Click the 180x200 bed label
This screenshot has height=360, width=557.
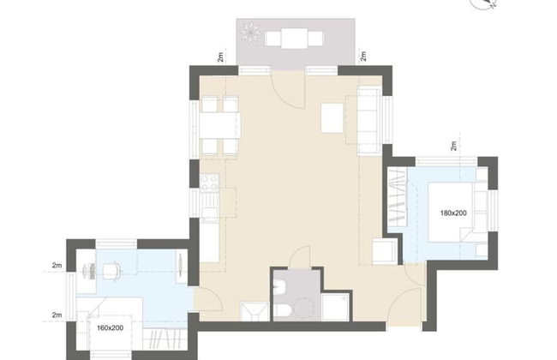coord(453,213)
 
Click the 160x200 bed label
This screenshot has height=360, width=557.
coord(111,327)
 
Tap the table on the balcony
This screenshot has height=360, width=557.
coord(294,39)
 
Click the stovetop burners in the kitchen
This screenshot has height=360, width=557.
coord(210,183)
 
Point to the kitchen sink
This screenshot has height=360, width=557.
coord(210,205)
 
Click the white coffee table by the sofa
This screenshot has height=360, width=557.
coord(332,117)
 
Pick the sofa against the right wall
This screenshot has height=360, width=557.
coord(368,120)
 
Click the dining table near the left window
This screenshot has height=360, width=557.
coord(219,125)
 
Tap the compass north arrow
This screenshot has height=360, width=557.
coord(492,4)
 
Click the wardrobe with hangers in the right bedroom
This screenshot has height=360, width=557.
coord(397,195)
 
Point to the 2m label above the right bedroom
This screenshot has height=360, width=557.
coord(453,146)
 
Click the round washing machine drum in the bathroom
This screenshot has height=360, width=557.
coord(304,308)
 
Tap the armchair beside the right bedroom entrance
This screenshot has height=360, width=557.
coord(385,251)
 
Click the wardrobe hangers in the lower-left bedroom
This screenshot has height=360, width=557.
coord(165,339)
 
